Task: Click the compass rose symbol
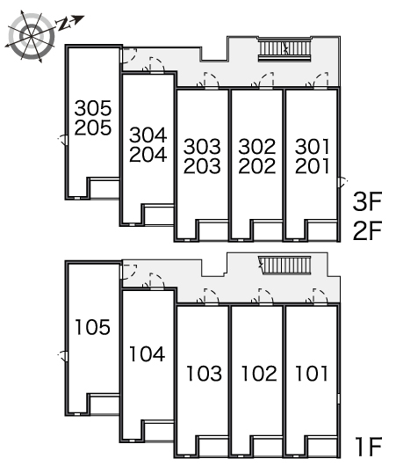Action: pos(31,36)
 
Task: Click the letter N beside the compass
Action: pos(63,25)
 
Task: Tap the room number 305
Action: pos(93,108)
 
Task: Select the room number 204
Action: pos(148,155)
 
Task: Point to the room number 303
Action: pos(202,147)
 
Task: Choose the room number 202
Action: pos(257,166)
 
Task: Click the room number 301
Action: pos(312,147)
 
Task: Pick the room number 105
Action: pos(93,327)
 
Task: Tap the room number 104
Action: pos(148,354)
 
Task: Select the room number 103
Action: pos(205,374)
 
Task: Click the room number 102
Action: pos(259,374)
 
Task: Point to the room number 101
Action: pos(312,374)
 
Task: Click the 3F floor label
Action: pos(367,202)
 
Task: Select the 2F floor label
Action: pos(367,230)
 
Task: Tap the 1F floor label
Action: pos(369,447)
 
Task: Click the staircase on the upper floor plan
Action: pos(284,49)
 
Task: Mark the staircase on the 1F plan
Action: pos(285,266)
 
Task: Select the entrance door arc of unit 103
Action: pos(210,296)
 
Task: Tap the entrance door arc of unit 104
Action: pos(155,280)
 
